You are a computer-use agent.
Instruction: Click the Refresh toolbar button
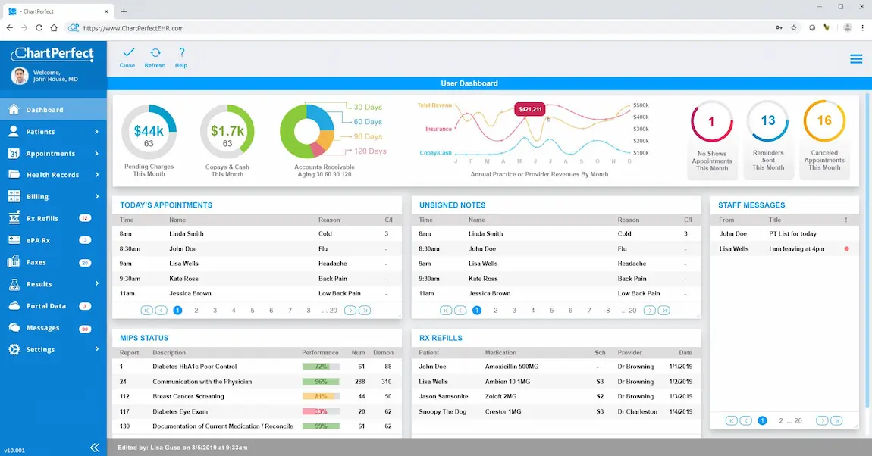[155, 58]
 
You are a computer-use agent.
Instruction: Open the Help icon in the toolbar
[181, 58]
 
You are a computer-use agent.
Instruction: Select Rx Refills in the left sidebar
[42, 218]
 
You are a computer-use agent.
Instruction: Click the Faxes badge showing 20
[85, 263]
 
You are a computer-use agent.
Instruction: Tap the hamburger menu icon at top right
[856, 59]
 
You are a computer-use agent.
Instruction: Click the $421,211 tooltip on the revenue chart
[530, 109]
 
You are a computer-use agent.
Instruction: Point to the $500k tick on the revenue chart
[641, 105]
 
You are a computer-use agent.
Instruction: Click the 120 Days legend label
[370, 151]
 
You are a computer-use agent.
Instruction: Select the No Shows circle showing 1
[711, 121]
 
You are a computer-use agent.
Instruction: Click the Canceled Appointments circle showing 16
[824, 121]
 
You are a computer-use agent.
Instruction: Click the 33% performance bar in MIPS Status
[320, 411]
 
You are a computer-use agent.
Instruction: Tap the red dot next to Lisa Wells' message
[846, 248]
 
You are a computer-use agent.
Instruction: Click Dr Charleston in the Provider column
[638, 411]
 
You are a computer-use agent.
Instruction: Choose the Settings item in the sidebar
[41, 350]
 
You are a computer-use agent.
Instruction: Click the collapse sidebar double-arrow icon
[95, 448]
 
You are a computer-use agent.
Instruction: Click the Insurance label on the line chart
[438, 130]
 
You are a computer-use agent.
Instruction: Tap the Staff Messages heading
[751, 205]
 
